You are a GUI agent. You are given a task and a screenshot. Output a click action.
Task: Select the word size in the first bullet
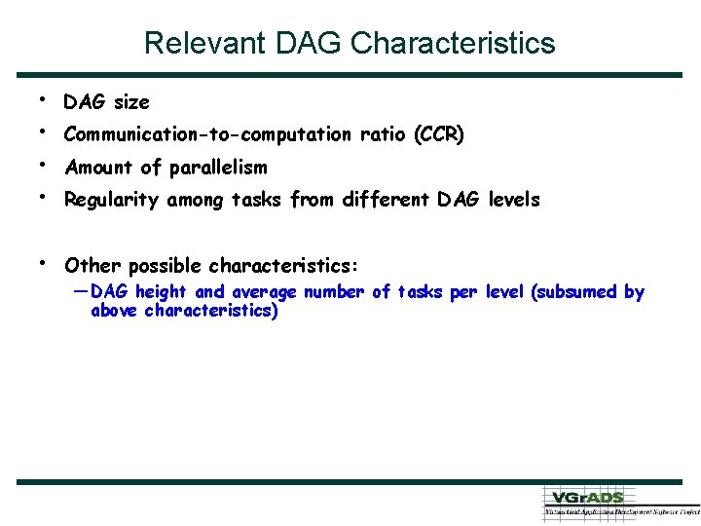(131, 102)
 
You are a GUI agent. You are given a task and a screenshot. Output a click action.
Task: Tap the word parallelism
(217, 168)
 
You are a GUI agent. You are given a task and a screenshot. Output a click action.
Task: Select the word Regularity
(113, 200)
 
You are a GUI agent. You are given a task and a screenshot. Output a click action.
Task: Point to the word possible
(166, 266)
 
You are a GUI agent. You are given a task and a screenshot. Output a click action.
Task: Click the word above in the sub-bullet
(114, 312)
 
